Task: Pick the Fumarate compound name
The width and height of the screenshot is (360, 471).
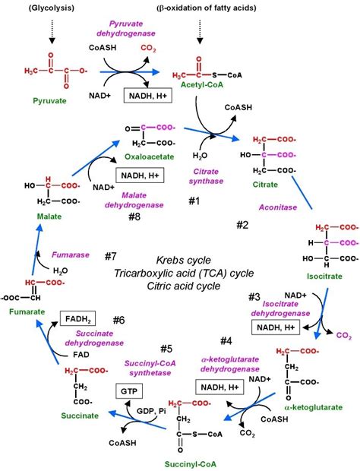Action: click(x=24, y=313)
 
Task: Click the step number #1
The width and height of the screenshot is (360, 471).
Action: click(x=193, y=201)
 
